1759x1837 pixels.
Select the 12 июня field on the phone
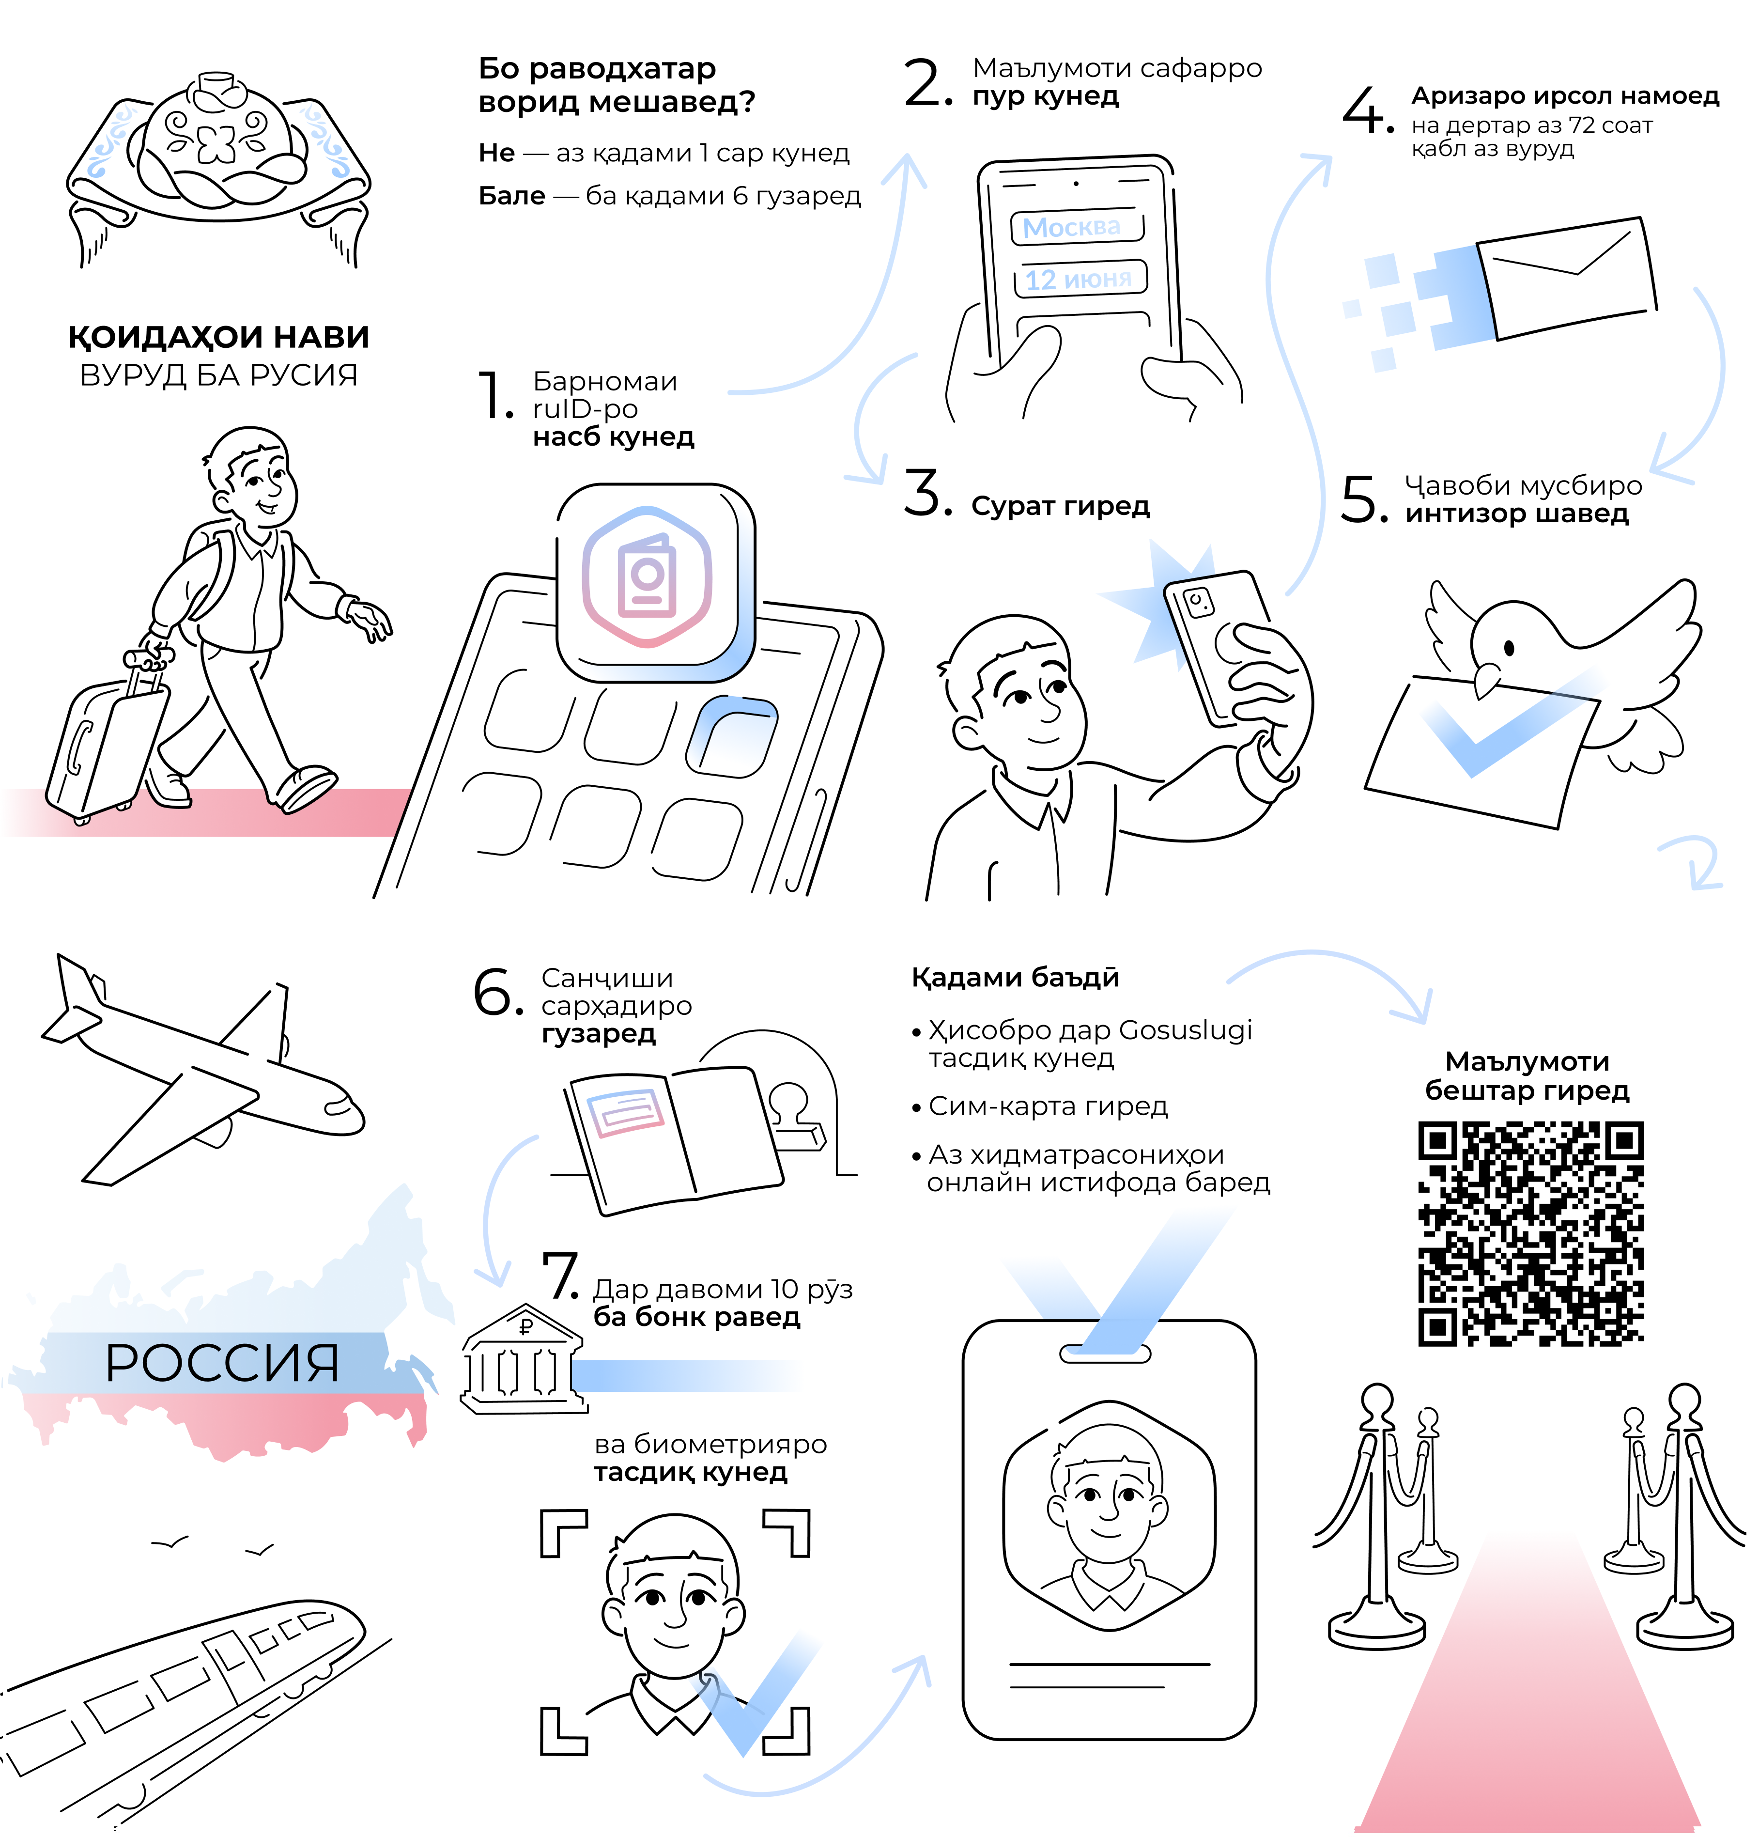pos(1080,279)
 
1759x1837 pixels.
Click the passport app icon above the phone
pos(655,582)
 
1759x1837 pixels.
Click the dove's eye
pos(1509,648)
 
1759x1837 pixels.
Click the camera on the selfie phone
pos(1198,602)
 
